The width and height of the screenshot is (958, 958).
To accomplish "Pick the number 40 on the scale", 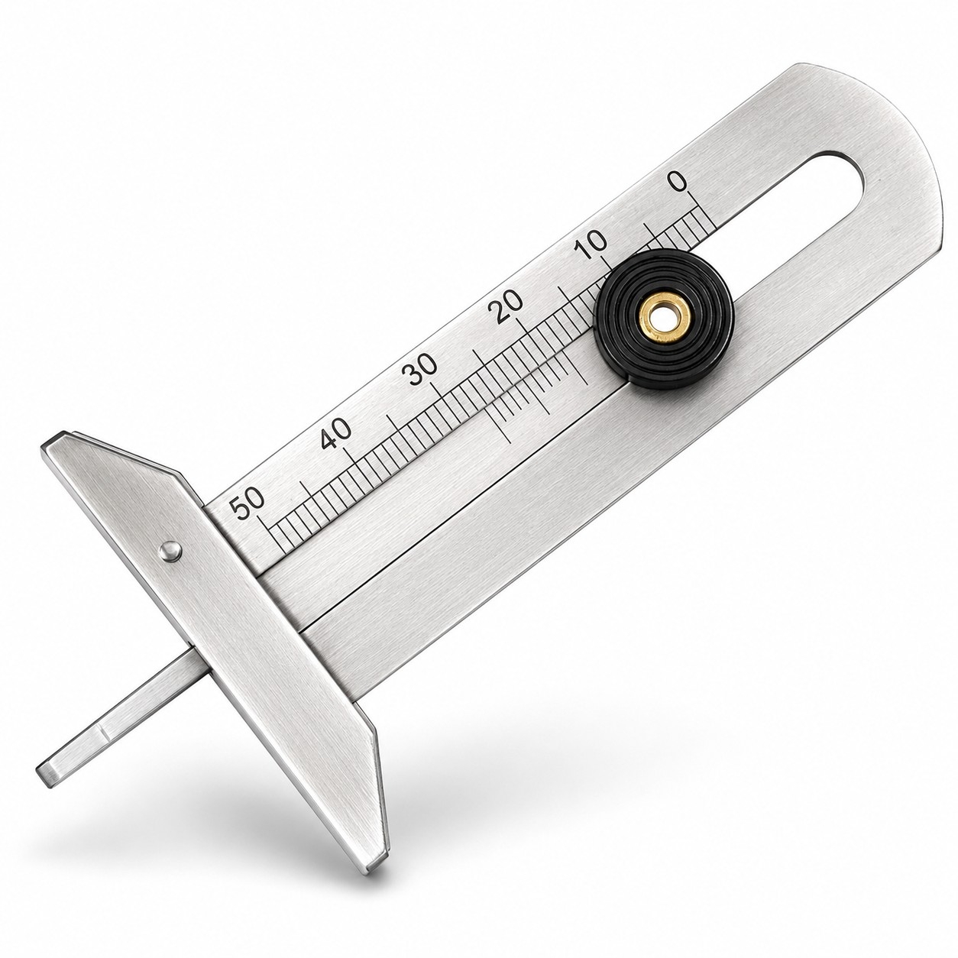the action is click(336, 432).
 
